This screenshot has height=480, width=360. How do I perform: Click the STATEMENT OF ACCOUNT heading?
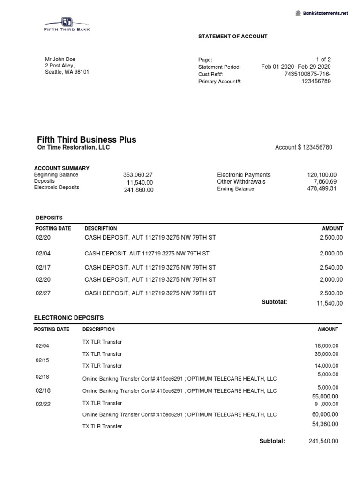[232, 37]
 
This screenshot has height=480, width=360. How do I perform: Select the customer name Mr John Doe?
[60, 60]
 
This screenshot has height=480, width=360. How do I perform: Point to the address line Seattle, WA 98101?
[67, 72]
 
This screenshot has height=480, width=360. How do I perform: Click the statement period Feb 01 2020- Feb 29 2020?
[296, 67]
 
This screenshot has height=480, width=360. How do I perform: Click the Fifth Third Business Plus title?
[87, 140]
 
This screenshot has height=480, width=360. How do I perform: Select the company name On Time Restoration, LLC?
[73, 148]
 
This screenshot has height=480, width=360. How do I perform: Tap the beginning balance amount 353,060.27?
[138, 175]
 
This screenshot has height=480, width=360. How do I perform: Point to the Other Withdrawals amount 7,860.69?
[325, 182]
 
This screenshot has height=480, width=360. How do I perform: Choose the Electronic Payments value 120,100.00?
[322, 175]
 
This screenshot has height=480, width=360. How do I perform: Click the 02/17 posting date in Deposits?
[42, 268]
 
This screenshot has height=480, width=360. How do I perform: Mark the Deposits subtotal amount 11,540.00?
[330, 303]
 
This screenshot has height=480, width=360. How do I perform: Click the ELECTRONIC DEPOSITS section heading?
[69, 318]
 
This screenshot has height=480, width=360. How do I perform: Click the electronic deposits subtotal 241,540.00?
[323, 441]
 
